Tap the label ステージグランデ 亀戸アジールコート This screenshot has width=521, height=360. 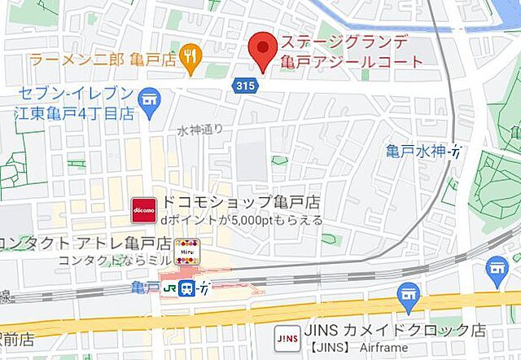pyautogui.click(x=352, y=51)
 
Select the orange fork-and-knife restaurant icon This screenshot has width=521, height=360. pyautogui.click(x=192, y=56)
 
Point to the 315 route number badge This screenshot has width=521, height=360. pyautogui.click(x=243, y=85)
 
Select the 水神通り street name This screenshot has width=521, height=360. pyautogui.click(x=200, y=130)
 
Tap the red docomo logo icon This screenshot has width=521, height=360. pyautogui.click(x=144, y=209)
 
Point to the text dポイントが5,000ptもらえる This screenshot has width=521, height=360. pyautogui.click(x=241, y=220)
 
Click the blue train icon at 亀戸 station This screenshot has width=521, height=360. pyautogui.click(x=187, y=288)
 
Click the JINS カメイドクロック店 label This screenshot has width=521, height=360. pyautogui.click(x=395, y=331)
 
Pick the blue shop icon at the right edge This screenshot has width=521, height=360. pyautogui.click(x=497, y=268)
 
